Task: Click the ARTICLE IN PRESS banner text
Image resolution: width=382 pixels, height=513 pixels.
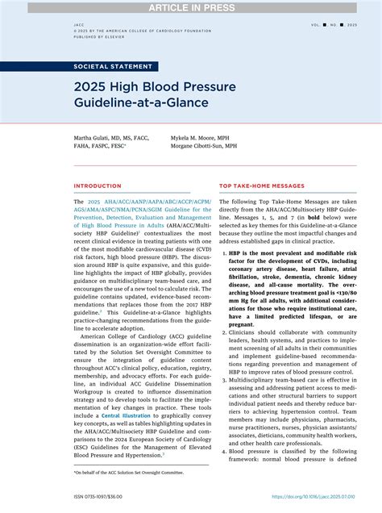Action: pyautogui.click(x=191, y=7)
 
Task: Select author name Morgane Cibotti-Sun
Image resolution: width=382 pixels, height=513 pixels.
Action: pyautogui.click(x=204, y=148)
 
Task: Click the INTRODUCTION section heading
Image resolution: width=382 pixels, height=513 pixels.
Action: pyautogui.click(x=98, y=186)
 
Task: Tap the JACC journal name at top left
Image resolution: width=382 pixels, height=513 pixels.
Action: pyautogui.click(x=78, y=25)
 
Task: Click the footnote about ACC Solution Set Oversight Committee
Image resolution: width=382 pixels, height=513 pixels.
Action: pyautogui.click(x=128, y=472)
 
